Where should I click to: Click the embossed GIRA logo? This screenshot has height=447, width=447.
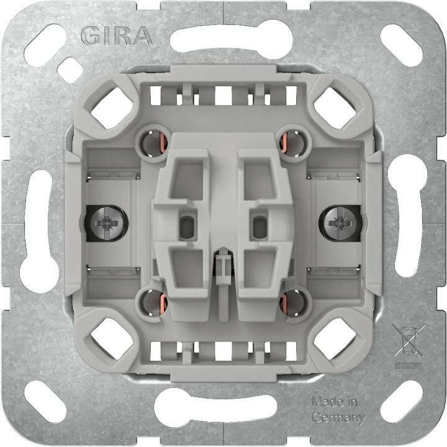click(117, 36)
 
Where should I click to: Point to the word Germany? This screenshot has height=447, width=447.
click(338, 417)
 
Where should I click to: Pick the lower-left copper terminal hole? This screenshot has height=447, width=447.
click(153, 302)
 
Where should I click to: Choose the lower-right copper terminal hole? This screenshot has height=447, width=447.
click(292, 302)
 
